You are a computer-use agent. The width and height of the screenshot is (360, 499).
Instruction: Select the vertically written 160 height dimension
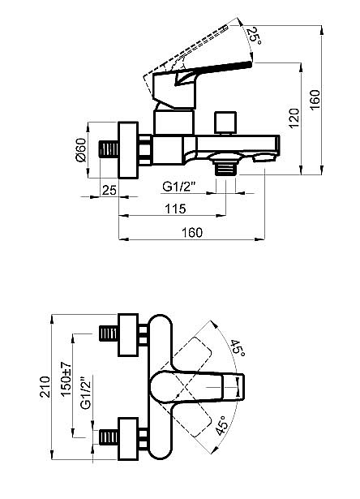click(325, 103)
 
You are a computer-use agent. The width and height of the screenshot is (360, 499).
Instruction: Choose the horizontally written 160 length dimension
click(191, 233)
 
